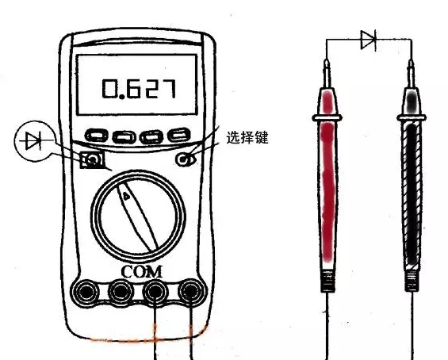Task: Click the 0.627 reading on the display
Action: (139, 89)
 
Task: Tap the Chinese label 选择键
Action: (247, 137)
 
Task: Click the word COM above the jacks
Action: (142, 272)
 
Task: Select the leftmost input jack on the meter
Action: (86, 292)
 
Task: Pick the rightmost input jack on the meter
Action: (191, 292)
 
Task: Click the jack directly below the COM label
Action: (155, 292)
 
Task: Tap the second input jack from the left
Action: (120, 292)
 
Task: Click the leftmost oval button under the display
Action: (97, 136)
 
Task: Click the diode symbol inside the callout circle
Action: (34, 140)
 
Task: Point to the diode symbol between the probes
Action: (369, 40)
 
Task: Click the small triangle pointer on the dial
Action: (126, 196)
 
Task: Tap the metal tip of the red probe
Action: (327, 73)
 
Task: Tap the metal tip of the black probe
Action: (412, 73)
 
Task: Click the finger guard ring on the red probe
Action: (327, 117)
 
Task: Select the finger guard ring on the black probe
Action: (412, 117)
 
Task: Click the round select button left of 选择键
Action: (183, 159)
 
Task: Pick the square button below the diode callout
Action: (92, 159)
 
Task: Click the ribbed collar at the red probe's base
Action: (327, 281)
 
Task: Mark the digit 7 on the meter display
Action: (167, 89)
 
